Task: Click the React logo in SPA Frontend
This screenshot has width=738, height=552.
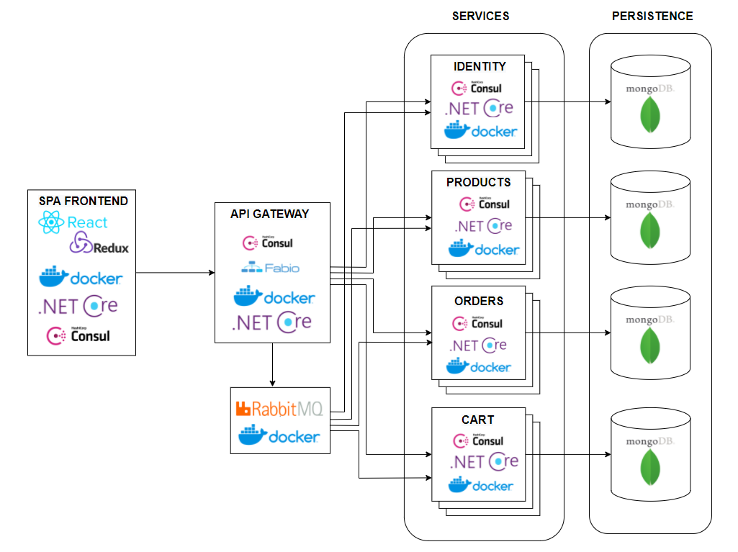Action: (x=73, y=223)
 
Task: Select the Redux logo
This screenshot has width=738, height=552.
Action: (x=99, y=245)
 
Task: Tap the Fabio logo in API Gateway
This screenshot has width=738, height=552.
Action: (x=270, y=268)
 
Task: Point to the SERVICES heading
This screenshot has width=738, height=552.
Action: (x=480, y=16)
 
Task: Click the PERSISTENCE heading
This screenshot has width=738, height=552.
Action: (x=652, y=16)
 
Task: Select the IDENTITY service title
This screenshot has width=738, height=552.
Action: (x=480, y=66)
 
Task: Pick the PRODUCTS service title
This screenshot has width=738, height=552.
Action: (x=479, y=182)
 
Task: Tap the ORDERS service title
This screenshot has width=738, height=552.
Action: (x=479, y=301)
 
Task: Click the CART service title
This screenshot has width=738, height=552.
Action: (x=478, y=420)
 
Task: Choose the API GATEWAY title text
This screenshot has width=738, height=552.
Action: (x=270, y=214)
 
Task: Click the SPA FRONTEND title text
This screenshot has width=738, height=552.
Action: (x=84, y=202)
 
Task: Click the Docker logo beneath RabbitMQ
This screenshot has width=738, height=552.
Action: (x=279, y=435)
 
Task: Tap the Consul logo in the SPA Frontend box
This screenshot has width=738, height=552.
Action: (x=78, y=335)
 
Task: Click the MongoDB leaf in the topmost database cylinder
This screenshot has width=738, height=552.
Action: (x=651, y=114)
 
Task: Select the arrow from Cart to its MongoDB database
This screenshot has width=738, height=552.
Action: (x=569, y=454)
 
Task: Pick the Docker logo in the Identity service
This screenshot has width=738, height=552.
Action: (x=480, y=130)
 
